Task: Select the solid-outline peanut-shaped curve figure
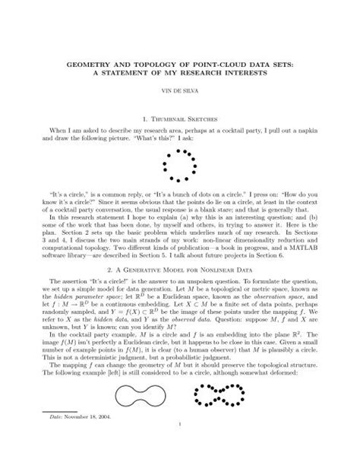(x=137, y=416)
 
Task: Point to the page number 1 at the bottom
(x=180, y=457)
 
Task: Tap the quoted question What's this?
(x=147, y=141)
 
